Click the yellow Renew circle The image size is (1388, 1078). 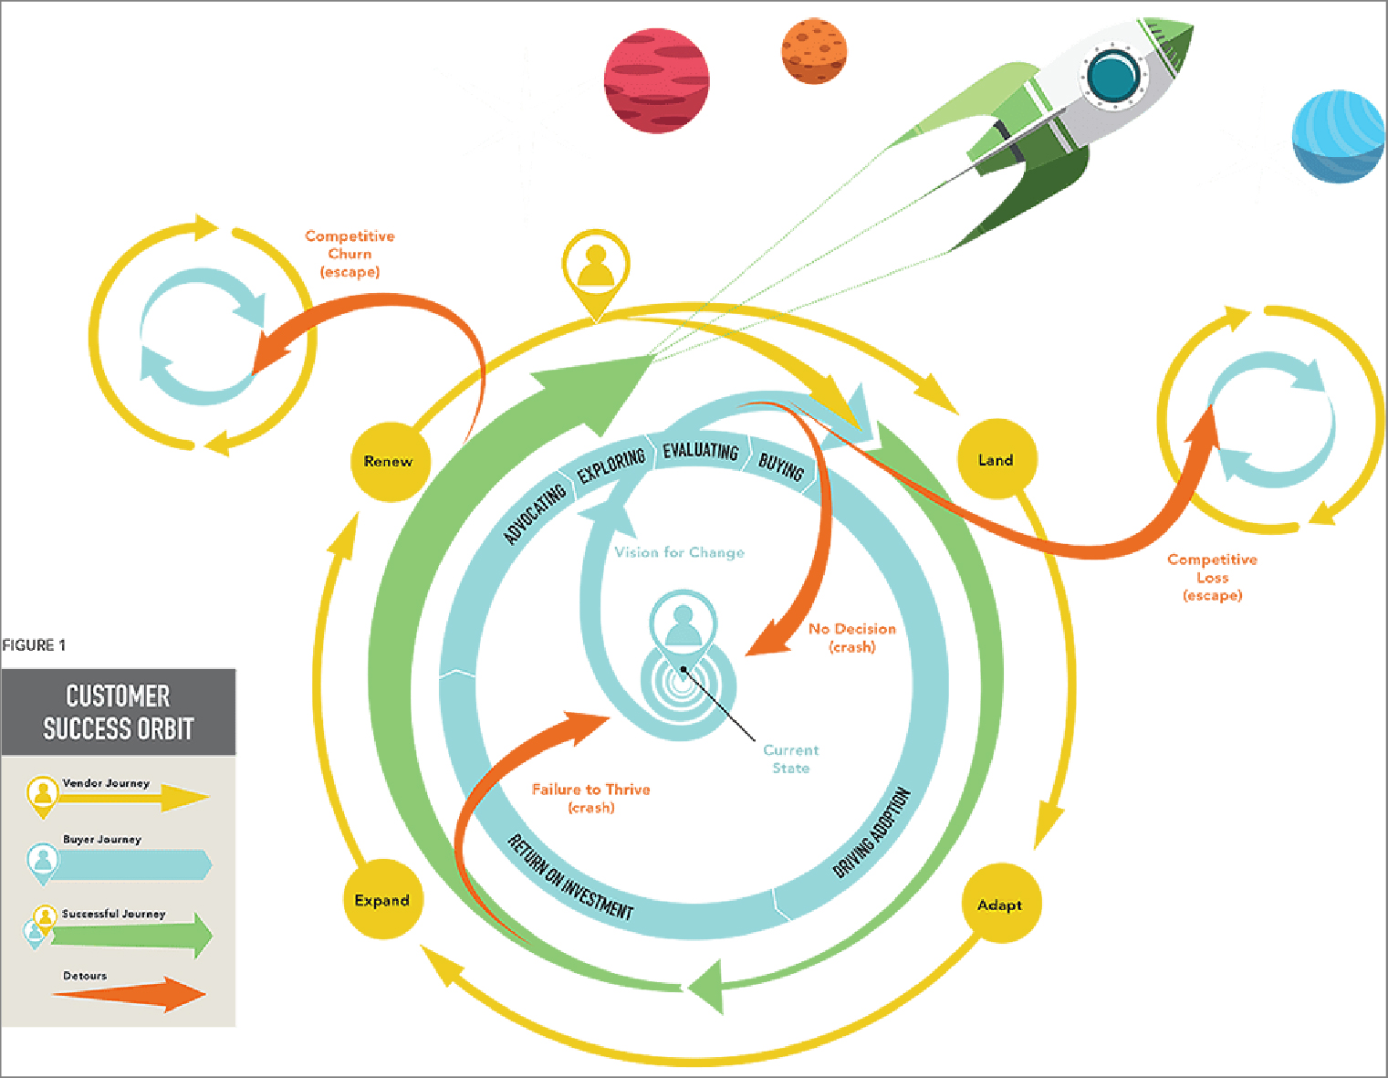click(x=389, y=462)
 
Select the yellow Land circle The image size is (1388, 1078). click(x=996, y=460)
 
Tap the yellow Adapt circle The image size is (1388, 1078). click(x=1000, y=905)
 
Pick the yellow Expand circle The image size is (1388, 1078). click(x=381, y=900)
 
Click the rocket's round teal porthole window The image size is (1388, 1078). click(x=1112, y=77)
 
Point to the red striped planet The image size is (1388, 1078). click(x=656, y=80)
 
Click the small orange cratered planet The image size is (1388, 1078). click(x=814, y=51)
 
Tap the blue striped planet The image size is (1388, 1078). click(x=1338, y=136)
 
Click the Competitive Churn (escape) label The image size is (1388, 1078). click(x=350, y=254)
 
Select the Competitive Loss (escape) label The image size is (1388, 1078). click(x=1212, y=577)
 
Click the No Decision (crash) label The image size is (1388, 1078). click(x=851, y=637)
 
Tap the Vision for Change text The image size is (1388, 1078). click(x=679, y=552)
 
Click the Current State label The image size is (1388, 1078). click(x=790, y=759)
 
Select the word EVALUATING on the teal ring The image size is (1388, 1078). click(x=700, y=451)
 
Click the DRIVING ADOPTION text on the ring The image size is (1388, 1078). click(x=871, y=832)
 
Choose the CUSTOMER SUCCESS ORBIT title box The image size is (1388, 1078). click(x=119, y=712)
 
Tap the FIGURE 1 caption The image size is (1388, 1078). click(x=34, y=645)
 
